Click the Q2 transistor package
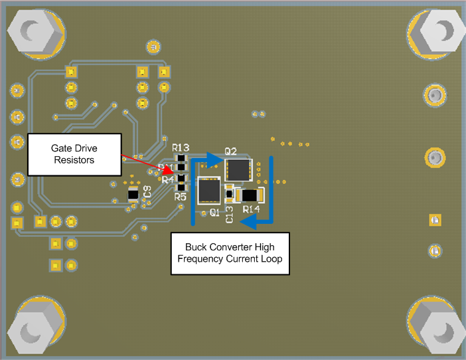click(x=238, y=169)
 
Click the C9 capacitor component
click(x=133, y=195)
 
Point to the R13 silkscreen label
click(x=181, y=147)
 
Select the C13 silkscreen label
click(x=230, y=213)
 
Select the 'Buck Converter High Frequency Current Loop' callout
click(x=230, y=252)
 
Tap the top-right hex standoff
click(x=438, y=31)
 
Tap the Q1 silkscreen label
click(x=214, y=213)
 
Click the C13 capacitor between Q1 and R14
click(x=230, y=195)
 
